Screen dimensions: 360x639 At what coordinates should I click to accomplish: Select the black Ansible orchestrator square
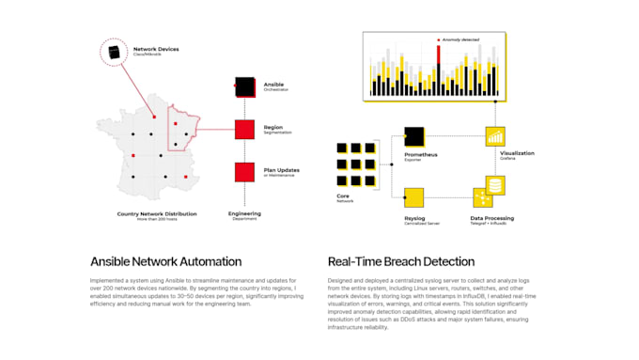[x=244, y=87]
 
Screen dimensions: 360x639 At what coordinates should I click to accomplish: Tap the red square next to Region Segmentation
[x=244, y=130]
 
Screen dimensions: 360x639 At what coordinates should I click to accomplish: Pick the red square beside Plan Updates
[x=244, y=172]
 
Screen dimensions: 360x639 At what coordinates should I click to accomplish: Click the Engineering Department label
[x=244, y=215]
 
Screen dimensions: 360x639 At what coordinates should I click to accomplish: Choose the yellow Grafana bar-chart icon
[x=495, y=137]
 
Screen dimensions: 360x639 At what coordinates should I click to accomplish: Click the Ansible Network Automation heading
[x=165, y=261]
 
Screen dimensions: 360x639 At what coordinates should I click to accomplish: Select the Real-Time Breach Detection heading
[x=400, y=261]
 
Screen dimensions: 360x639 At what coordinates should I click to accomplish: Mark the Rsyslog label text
[x=414, y=216]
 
